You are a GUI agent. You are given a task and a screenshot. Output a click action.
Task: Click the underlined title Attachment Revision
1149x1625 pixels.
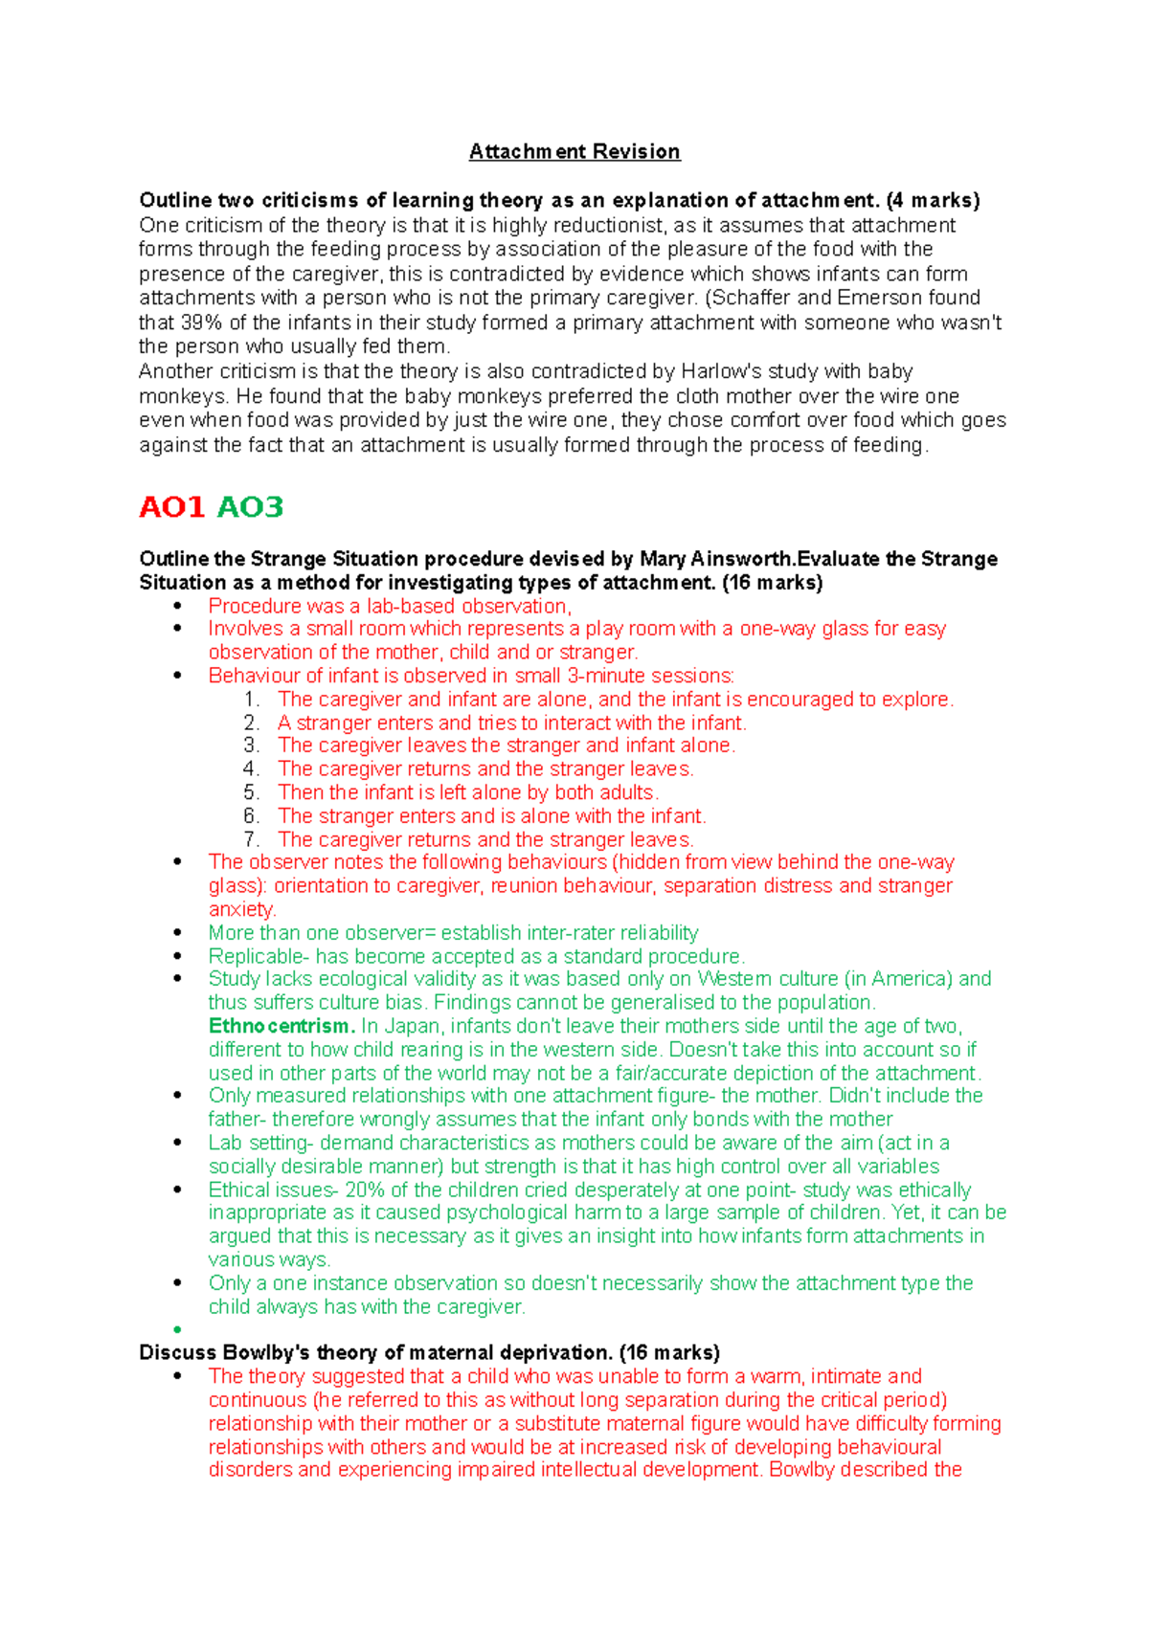[x=574, y=151]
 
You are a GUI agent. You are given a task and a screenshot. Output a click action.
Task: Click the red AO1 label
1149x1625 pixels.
[x=172, y=507]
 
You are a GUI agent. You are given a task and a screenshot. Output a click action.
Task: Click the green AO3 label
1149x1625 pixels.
[x=251, y=507]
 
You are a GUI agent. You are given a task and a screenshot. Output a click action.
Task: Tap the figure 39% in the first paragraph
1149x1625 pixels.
[x=200, y=323]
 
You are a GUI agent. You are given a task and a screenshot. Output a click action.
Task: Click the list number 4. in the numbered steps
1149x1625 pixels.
[x=251, y=769]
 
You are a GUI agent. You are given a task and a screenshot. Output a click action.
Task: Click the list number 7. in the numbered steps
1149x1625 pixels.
[x=251, y=839]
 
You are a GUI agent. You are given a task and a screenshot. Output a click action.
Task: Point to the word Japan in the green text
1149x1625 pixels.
[x=412, y=1026]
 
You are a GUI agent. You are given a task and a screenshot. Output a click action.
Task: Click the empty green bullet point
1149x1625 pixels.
[x=177, y=1330]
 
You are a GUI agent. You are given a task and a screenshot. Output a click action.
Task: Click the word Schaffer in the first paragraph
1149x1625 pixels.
[x=749, y=298]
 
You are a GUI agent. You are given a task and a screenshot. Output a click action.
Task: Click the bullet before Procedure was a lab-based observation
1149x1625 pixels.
[x=177, y=606]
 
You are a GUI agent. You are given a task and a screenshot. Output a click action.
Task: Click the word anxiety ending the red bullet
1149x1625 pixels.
[x=240, y=909]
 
